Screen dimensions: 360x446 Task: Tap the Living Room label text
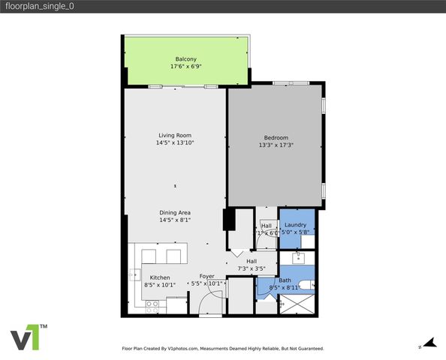175,135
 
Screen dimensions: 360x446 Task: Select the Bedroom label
276,137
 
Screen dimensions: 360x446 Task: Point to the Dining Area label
175,213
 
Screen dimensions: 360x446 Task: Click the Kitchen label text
160,277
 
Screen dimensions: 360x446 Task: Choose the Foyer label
206,277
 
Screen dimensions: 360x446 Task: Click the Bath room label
285,280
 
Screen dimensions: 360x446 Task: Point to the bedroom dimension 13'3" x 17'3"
276,145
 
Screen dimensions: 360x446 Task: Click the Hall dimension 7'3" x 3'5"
251,268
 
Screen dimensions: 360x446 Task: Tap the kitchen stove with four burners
153,304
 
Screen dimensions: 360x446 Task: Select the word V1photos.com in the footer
182,349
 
